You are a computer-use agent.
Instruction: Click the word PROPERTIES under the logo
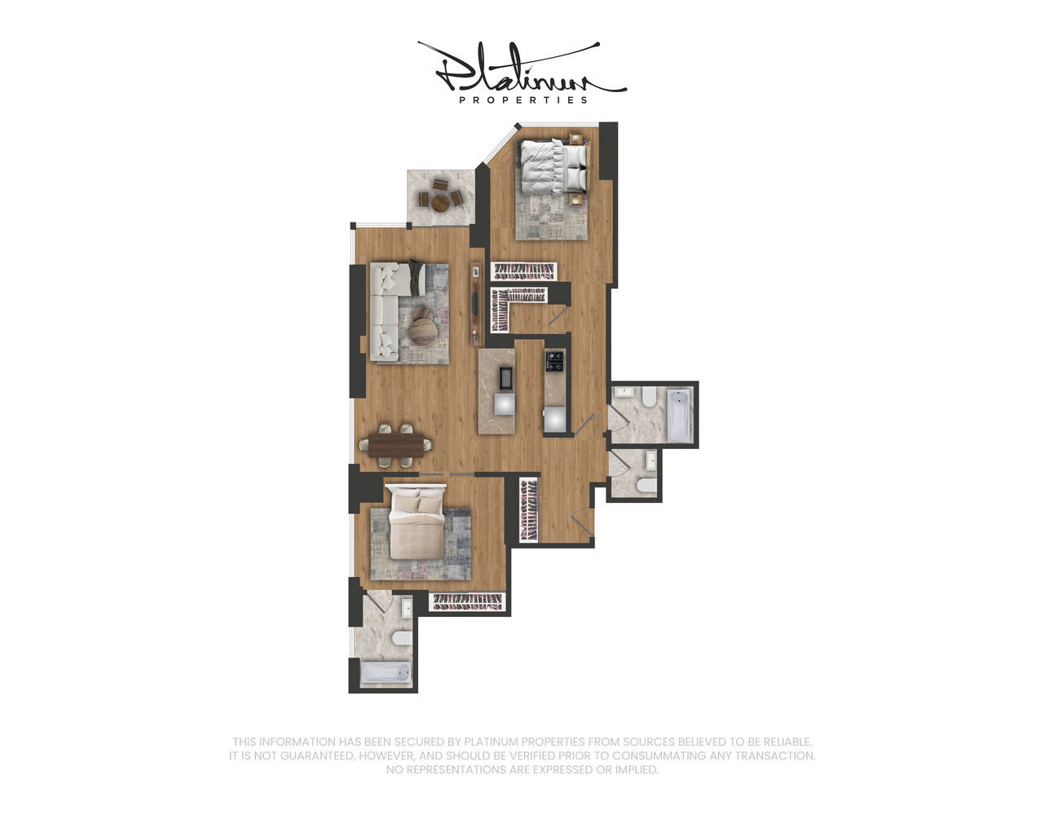(522, 100)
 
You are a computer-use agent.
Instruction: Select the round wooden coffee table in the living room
(423, 330)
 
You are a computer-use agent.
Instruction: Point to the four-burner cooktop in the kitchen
(555, 361)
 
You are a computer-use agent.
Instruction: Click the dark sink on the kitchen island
(505, 379)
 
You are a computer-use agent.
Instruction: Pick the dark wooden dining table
(399, 445)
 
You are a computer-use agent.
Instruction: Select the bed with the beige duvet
(417, 525)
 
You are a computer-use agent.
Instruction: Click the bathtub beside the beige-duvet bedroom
(386, 674)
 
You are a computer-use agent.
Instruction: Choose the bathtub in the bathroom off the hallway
(677, 413)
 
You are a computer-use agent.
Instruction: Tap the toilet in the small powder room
(646, 486)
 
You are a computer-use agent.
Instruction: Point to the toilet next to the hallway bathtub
(649, 398)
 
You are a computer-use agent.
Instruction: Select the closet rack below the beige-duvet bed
(467, 601)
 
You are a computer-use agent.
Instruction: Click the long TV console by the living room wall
(475, 304)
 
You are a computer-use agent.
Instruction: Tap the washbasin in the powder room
(651, 462)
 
